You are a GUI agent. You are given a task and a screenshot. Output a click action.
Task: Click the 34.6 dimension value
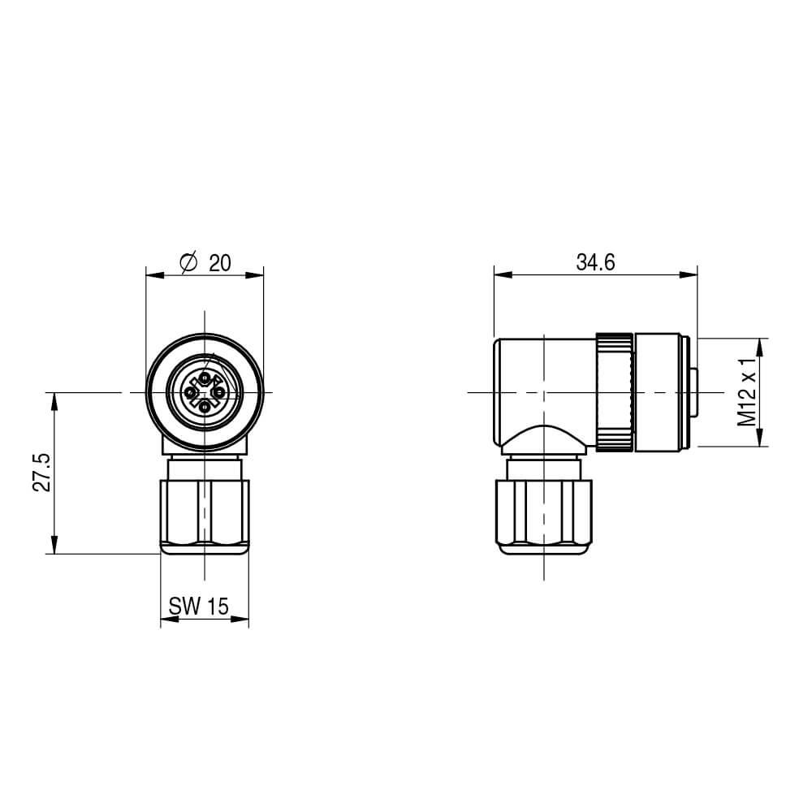(595, 262)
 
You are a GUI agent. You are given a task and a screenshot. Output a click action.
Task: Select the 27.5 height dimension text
(43, 472)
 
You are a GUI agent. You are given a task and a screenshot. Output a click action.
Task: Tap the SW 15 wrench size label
(199, 606)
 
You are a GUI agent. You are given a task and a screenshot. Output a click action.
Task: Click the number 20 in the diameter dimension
(220, 262)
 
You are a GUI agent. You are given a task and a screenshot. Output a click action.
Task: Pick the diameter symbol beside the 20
(187, 262)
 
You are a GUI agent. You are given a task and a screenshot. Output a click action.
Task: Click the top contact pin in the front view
(205, 378)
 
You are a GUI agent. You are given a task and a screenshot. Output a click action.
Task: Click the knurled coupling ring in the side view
(615, 391)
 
